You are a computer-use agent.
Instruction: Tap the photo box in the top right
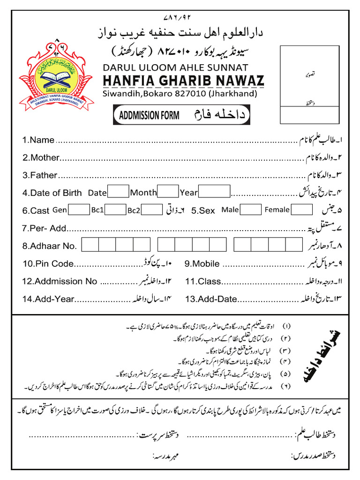310,84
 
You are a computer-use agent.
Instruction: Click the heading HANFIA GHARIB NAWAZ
183,81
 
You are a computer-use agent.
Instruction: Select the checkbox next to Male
251,210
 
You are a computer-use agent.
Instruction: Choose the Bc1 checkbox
116,210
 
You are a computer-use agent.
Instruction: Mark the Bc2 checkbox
151,210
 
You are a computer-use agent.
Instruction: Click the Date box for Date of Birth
118,192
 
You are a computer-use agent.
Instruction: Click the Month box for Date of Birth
168,192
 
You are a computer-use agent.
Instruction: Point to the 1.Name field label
38,140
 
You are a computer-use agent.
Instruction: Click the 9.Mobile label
202,263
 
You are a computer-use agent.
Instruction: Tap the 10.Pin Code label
48,263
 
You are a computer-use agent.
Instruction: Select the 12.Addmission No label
60,281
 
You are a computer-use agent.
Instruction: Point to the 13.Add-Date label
211,299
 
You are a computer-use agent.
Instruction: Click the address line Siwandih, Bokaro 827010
180,94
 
